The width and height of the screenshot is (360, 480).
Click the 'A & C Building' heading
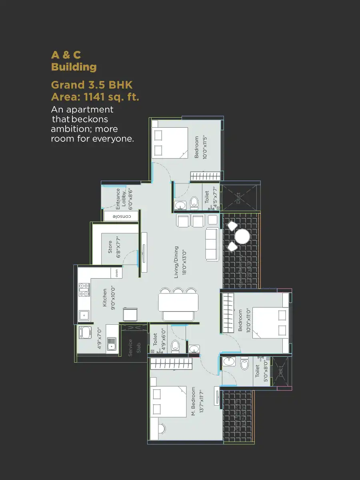tap(74, 61)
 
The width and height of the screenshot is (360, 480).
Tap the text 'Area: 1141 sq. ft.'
tap(95, 96)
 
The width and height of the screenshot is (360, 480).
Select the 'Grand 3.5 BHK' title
tap(92, 85)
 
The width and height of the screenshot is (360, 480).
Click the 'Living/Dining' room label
tap(176, 262)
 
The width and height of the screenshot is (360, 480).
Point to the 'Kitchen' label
tap(105, 298)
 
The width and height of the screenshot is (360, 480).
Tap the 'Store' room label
tap(110, 247)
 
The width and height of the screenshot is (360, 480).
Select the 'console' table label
tap(121, 217)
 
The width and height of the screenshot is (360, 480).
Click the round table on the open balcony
tap(242, 237)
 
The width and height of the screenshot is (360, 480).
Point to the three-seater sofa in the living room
tap(212, 244)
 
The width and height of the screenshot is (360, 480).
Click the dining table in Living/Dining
tap(178, 302)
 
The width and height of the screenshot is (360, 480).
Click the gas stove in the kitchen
tap(84, 289)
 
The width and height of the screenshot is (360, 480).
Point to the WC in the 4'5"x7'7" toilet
tap(194, 203)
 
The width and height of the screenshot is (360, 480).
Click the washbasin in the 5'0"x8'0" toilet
tap(229, 361)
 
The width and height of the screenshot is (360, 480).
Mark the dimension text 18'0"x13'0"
tap(184, 262)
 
